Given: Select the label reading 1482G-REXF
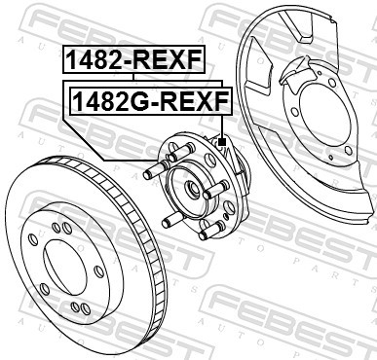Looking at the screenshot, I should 146,100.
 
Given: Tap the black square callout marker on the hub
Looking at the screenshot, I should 222,143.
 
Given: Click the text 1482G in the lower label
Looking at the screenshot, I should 106,100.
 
